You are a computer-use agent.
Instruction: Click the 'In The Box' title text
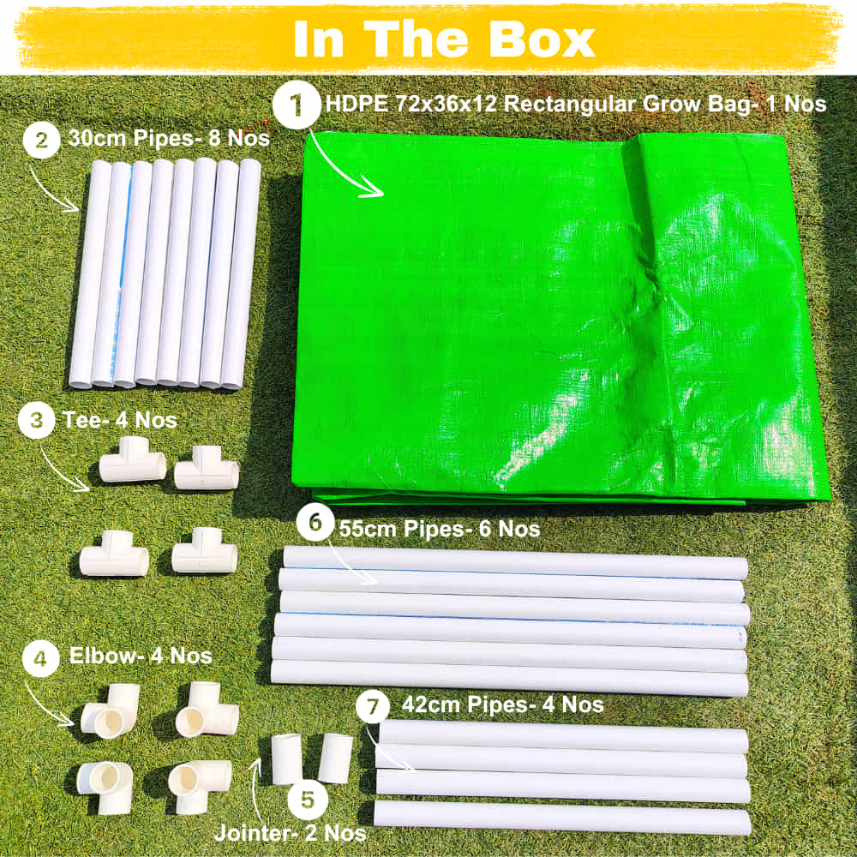[x=444, y=38]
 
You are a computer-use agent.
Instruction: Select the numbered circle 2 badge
[x=42, y=140]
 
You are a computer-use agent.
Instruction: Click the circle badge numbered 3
[x=37, y=421]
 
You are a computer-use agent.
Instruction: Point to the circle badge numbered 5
[x=307, y=802]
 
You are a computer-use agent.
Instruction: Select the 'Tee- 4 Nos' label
[x=120, y=420]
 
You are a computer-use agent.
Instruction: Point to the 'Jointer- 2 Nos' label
[x=290, y=832]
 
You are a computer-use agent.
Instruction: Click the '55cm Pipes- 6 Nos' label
[x=440, y=529]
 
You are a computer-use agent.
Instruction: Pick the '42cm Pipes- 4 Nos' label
[x=502, y=705]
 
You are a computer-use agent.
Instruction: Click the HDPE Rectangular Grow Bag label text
[x=576, y=105]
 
